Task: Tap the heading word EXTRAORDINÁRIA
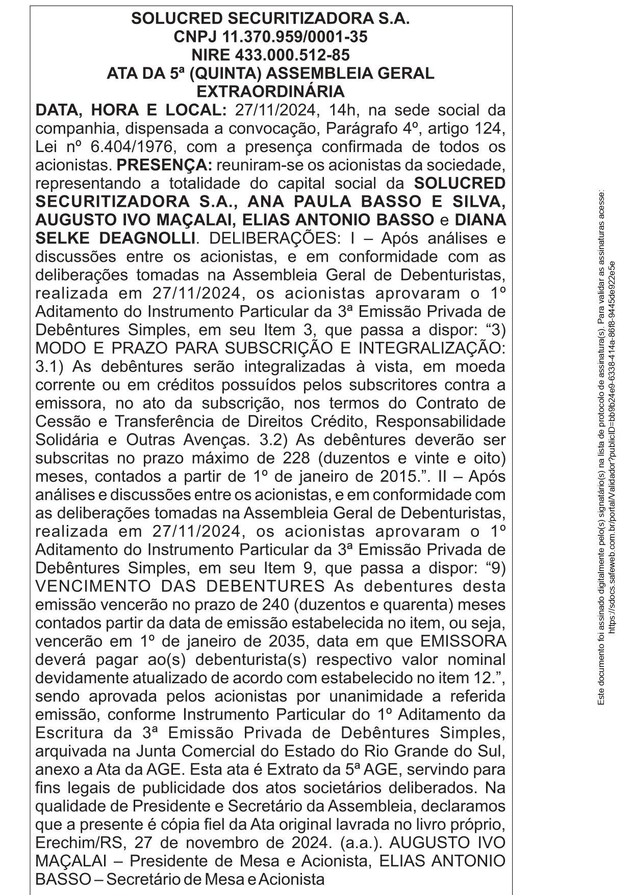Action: pyautogui.click(x=270, y=92)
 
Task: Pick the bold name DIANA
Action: pyautogui.click(x=480, y=220)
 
